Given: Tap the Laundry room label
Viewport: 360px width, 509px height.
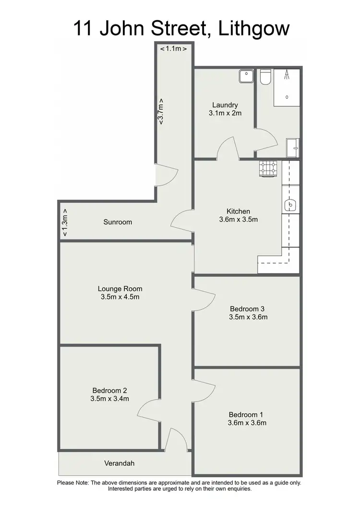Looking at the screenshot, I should (225, 105).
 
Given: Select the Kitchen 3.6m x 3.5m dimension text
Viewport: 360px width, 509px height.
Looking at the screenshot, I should (239, 220).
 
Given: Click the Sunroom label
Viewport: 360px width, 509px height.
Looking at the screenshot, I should (118, 222).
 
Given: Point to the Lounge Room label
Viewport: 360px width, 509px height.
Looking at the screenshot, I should (120, 289).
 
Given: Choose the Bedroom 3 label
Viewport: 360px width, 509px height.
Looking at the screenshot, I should (247, 309).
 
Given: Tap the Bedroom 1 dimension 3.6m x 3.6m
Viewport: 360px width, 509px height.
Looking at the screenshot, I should (247, 423).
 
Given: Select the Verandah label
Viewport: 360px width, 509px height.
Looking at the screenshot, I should (120, 463).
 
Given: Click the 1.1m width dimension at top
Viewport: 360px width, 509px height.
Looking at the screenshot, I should (173, 48).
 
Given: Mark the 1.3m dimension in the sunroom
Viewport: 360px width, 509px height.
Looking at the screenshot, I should (65, 223).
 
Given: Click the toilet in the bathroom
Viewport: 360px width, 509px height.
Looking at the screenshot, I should (265, 78).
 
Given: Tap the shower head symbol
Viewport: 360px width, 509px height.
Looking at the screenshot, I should (287, 74).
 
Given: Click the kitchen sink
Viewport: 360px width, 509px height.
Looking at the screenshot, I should (291, 205).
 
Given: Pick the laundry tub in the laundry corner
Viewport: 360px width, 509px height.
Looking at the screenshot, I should (246, 76).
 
